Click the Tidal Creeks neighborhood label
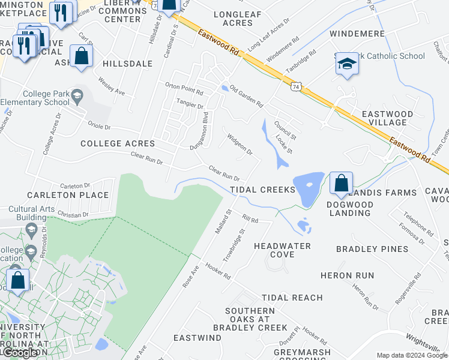(x=263, y=190)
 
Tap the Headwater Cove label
(x=282, y=250)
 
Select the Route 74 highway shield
(x=296, y=87)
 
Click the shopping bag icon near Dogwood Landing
(x=341, y=182)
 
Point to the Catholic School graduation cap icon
(x=346, y=63)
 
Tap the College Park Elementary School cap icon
(x=77, y=95)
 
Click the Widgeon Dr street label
(x=240, y=143)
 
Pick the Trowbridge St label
(x=235, y=244)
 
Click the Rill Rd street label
(x=250, y=220)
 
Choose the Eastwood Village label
(x=387, y=118)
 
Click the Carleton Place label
(x=68, y=195)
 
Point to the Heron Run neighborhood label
(x=347, y=275)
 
